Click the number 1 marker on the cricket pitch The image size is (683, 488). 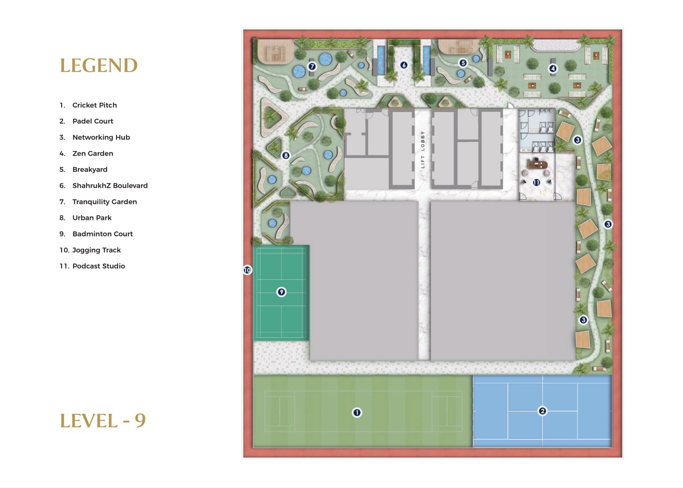coord(357,412)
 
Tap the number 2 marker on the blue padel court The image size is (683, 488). coord(542,411)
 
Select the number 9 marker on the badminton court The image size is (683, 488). coord(281,292)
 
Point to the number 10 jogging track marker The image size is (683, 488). coord(247,270)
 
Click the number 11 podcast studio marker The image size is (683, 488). coord(536,182)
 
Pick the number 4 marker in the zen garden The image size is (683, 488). coord(553,68)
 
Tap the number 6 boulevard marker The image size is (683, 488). coord(404,65)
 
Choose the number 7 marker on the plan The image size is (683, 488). coord(312,66)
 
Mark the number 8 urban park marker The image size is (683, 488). coord(286,155)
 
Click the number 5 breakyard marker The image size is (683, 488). coord(463,63)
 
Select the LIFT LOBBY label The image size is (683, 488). coord(423,149)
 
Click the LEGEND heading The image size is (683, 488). coord(99,65)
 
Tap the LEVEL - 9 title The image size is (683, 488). coord(103,421)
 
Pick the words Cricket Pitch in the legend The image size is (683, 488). coord(95,105)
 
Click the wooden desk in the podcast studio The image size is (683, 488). coord(537,165)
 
